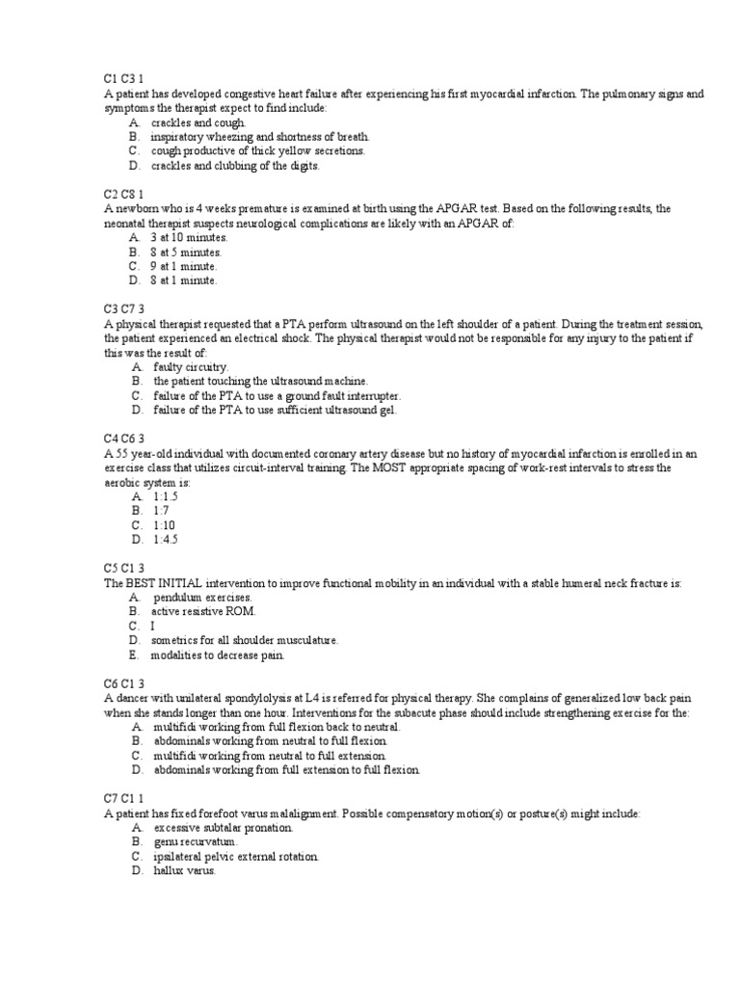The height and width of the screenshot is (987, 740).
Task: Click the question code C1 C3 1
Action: tap(125, 79)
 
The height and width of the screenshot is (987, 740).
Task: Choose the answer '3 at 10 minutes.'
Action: tap(189, 237)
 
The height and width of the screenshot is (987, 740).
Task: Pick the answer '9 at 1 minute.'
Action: tap(184, 266)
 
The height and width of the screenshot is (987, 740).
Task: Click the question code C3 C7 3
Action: tap(125, 309)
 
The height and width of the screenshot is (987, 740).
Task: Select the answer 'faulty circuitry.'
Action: tap(191, 367)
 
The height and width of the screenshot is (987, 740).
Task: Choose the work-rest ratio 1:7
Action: tap(161, 511)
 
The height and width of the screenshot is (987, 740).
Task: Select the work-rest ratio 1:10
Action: tap(164, 525)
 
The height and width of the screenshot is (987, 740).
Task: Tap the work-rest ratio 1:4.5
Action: tap(166, 540)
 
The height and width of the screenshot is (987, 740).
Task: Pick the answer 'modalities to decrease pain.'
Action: tap(217, 655)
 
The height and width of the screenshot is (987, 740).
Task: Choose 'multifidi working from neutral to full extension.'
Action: tap(276, 756)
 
